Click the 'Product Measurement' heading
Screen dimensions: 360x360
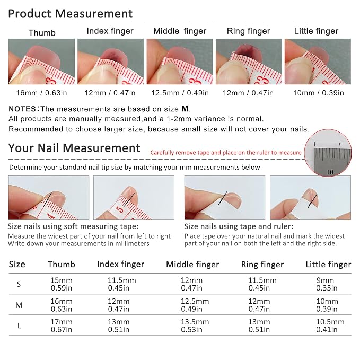(x=71, y=14)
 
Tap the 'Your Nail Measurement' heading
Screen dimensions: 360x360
(x=74, y=148)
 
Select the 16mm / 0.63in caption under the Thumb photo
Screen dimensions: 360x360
(x=41, y=93)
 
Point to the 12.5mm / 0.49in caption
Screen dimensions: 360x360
(x=180, y=93)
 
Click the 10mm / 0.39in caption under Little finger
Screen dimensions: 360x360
(x=319, y=93)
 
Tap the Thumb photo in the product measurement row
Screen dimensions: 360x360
(x=41, y=62)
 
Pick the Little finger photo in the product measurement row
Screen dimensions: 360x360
(x=318, y=62)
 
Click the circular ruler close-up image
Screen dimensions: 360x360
(x=328, y=153)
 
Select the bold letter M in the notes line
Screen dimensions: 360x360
(x=185, y=109)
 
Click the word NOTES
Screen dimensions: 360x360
(x=22, y=109)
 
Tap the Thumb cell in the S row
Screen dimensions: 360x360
(x=62, y=284)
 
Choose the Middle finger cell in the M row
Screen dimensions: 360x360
(x=195, y=305)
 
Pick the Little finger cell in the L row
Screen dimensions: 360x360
(x=330, y=326)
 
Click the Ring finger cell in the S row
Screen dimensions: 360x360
(x=262, y=284)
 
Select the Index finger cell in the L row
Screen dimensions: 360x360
(x=119, y=326)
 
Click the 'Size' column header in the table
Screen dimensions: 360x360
(x=17, y=264)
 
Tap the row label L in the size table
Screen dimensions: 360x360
(x=19, y=326)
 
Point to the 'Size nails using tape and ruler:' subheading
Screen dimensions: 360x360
(x=239, y=226)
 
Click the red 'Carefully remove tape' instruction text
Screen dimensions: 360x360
(x=226, y=153)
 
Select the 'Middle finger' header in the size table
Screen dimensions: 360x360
(x=192, y=265)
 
